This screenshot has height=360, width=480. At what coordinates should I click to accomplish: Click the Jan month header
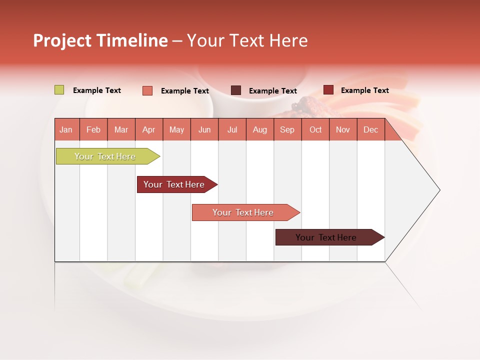pyautogui.click(x=66, y=129)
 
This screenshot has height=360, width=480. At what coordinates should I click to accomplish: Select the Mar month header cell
pyautogui.click(x=121, y=129)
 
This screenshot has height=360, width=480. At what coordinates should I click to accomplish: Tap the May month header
pyautogui.click(x=176, y=129)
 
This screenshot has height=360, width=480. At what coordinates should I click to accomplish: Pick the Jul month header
pyautogui.click(x=232, y=129)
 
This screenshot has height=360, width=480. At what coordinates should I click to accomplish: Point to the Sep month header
pyautogui.click(x=287, y=129)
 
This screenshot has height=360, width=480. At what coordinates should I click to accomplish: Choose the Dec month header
pyautogui.click(x=370, y=129)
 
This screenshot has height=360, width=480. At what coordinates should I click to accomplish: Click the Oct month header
pyautogui.click(x=315, y=129)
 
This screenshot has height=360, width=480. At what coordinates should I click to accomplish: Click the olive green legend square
pyautogui.click(x=59, y=90)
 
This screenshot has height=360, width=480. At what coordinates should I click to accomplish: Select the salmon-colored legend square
pyautogui.click(x=147, y=90)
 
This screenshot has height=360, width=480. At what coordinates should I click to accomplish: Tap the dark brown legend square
pyautogui.click(x=235, y=90)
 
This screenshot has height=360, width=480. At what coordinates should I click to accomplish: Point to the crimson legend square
pyautogui.click(x=328, y=90)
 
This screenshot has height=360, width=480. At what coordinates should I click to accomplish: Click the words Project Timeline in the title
pyautogui.click(x=100, y=40)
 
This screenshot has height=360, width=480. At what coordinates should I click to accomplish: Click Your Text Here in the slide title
pyautogui.click(x=247, y=40)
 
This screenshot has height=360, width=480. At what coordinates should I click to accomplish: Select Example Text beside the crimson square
pyautogui.click(x=364, y=90)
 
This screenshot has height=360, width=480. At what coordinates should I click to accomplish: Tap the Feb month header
pyautogui.click(x=93, y=129)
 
